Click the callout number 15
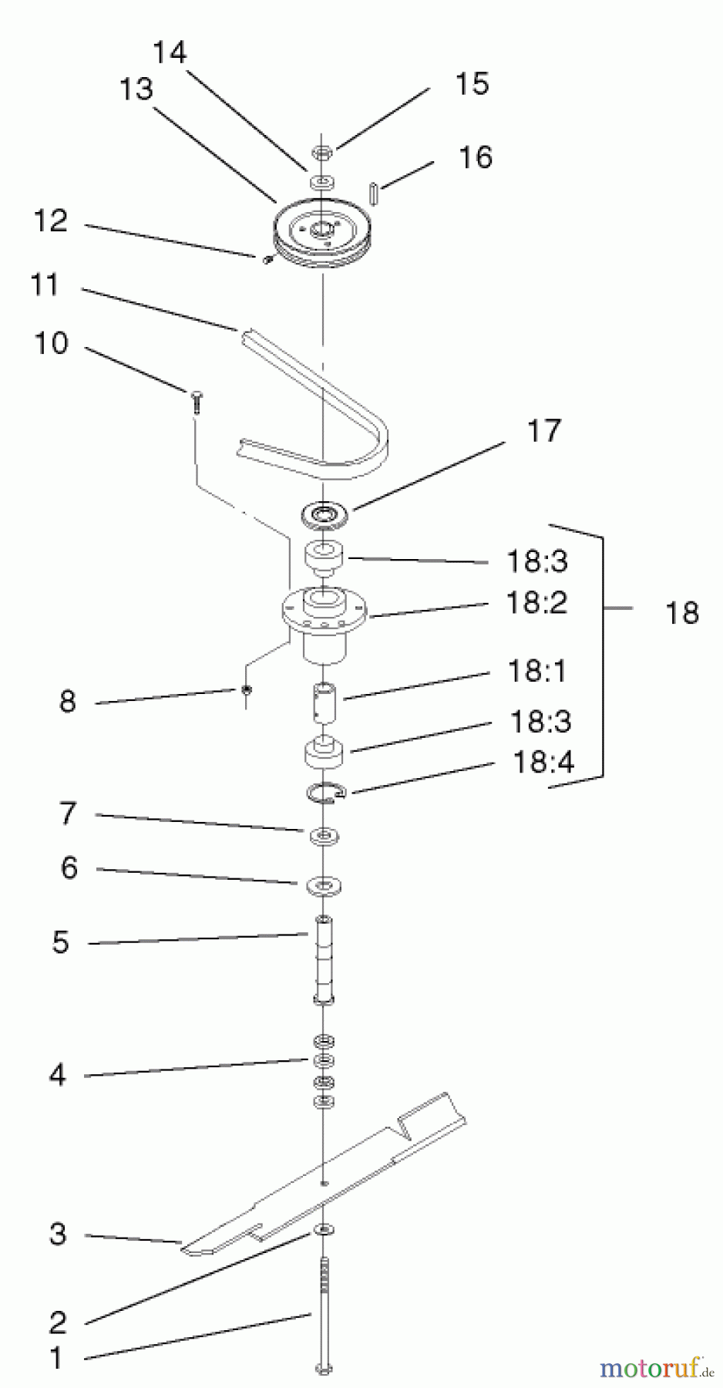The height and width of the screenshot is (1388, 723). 472,84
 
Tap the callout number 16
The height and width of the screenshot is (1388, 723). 476,157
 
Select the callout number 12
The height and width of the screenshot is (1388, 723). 51,221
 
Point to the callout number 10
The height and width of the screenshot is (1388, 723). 51,343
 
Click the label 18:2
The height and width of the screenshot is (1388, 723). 537,602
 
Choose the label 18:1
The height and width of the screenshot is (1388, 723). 536,671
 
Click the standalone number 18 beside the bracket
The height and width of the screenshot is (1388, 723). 682,613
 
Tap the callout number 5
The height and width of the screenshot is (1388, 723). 61,942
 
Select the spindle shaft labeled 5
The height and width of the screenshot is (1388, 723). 325,960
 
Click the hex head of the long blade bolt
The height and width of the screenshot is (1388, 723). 324,1369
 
